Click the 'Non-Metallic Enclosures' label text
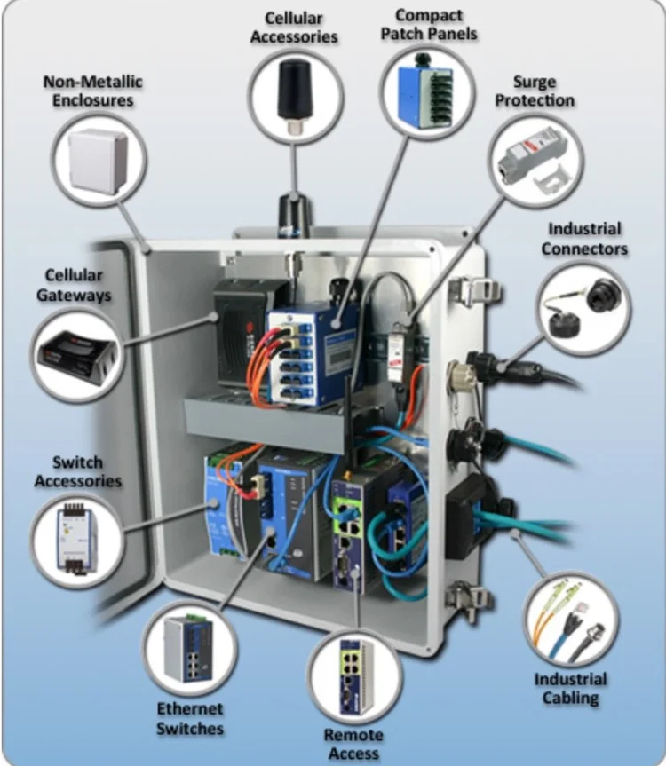93,91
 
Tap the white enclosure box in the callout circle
98,160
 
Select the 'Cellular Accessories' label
294,28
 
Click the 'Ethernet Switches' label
189,718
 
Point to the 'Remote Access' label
353,744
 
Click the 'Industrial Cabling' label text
570,689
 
